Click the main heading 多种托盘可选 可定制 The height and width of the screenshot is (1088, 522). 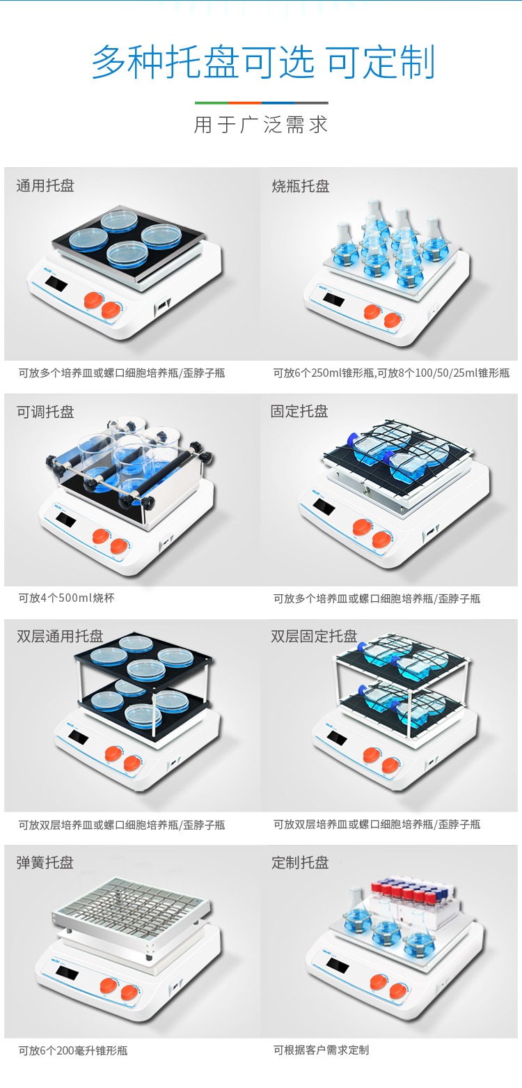[263, 62]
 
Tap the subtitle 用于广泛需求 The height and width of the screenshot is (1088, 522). [261, 125]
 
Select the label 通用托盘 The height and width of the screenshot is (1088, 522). [45, 185]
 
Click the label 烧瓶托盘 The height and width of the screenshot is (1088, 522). [301, 186]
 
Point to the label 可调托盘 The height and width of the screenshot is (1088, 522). [45, 412]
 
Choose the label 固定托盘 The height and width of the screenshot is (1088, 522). [299, 412]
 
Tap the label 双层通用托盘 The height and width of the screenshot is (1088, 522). [60, 636]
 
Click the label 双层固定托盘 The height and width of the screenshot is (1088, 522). [314, 636]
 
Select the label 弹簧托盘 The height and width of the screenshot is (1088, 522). [45, 862]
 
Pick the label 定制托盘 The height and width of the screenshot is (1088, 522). [300, 862]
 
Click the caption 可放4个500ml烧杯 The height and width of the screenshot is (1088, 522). [66, 598]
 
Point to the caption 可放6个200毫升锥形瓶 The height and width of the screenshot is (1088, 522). [73, 1050]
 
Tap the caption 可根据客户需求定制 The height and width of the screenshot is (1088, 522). [321, 1050]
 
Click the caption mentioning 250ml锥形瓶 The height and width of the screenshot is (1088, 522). [391, 373]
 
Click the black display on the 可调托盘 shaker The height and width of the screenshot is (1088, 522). [65, 519]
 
